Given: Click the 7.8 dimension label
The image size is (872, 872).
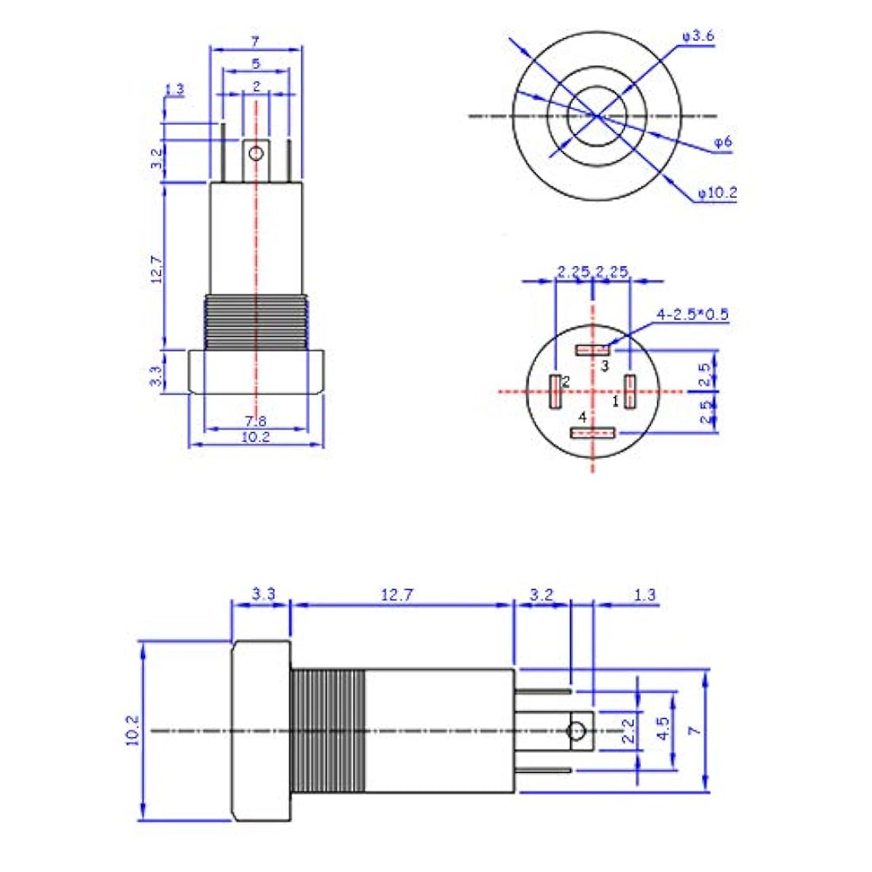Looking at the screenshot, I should pyautogui.click(x=254, y=419).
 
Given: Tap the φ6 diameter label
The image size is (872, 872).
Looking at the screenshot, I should pyautogui.click(x=722, y=143).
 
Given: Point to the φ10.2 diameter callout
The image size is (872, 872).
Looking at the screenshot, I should pyautogui.click(x=717, y=193).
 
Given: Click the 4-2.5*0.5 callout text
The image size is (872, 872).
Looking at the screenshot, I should pyautogui.click(x=692, y=315).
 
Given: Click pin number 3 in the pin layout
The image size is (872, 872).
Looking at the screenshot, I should pyautogui.click(x=604, y=365).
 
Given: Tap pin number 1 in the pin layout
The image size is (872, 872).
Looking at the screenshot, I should pyautogui.click(x=614, y=401).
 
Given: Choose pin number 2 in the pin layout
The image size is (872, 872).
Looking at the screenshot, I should pyautogui.click(x=566, y=381).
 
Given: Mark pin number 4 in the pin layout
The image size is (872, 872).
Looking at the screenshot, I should pyautogui.click(x=582, y=416).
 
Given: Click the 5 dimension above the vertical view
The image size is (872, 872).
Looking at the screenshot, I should pyautogui.click(x=255, y=63).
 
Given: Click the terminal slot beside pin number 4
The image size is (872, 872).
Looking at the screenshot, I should pyautogui.click(x=594, y=433).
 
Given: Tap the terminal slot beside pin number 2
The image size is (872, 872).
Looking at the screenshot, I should pyautogui.click(x=555, y=391).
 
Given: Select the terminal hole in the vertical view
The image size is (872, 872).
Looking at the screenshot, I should pyautogui.click(x=255, y=152).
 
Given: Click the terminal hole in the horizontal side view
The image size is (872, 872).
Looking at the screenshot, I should pyautogui.click(x=578, y=730).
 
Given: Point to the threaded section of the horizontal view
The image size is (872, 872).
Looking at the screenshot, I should pyautogui.click(x=327, y=730).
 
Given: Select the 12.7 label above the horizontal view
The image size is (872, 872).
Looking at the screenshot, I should pyautogui.click(x=396, y=595).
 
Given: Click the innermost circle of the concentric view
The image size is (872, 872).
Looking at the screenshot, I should pyautogui.click(x=596, y=116).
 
